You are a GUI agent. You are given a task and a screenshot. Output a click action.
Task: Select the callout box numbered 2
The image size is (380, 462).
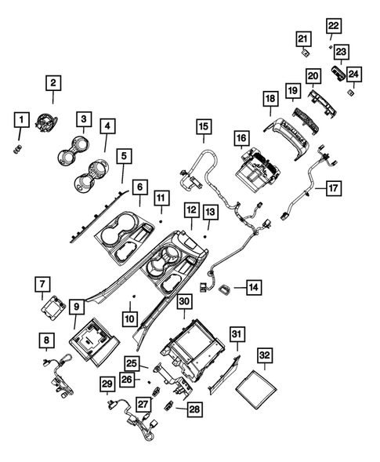tap(53, 82)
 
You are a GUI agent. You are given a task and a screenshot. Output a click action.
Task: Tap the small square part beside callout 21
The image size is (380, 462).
tap(304, 53)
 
